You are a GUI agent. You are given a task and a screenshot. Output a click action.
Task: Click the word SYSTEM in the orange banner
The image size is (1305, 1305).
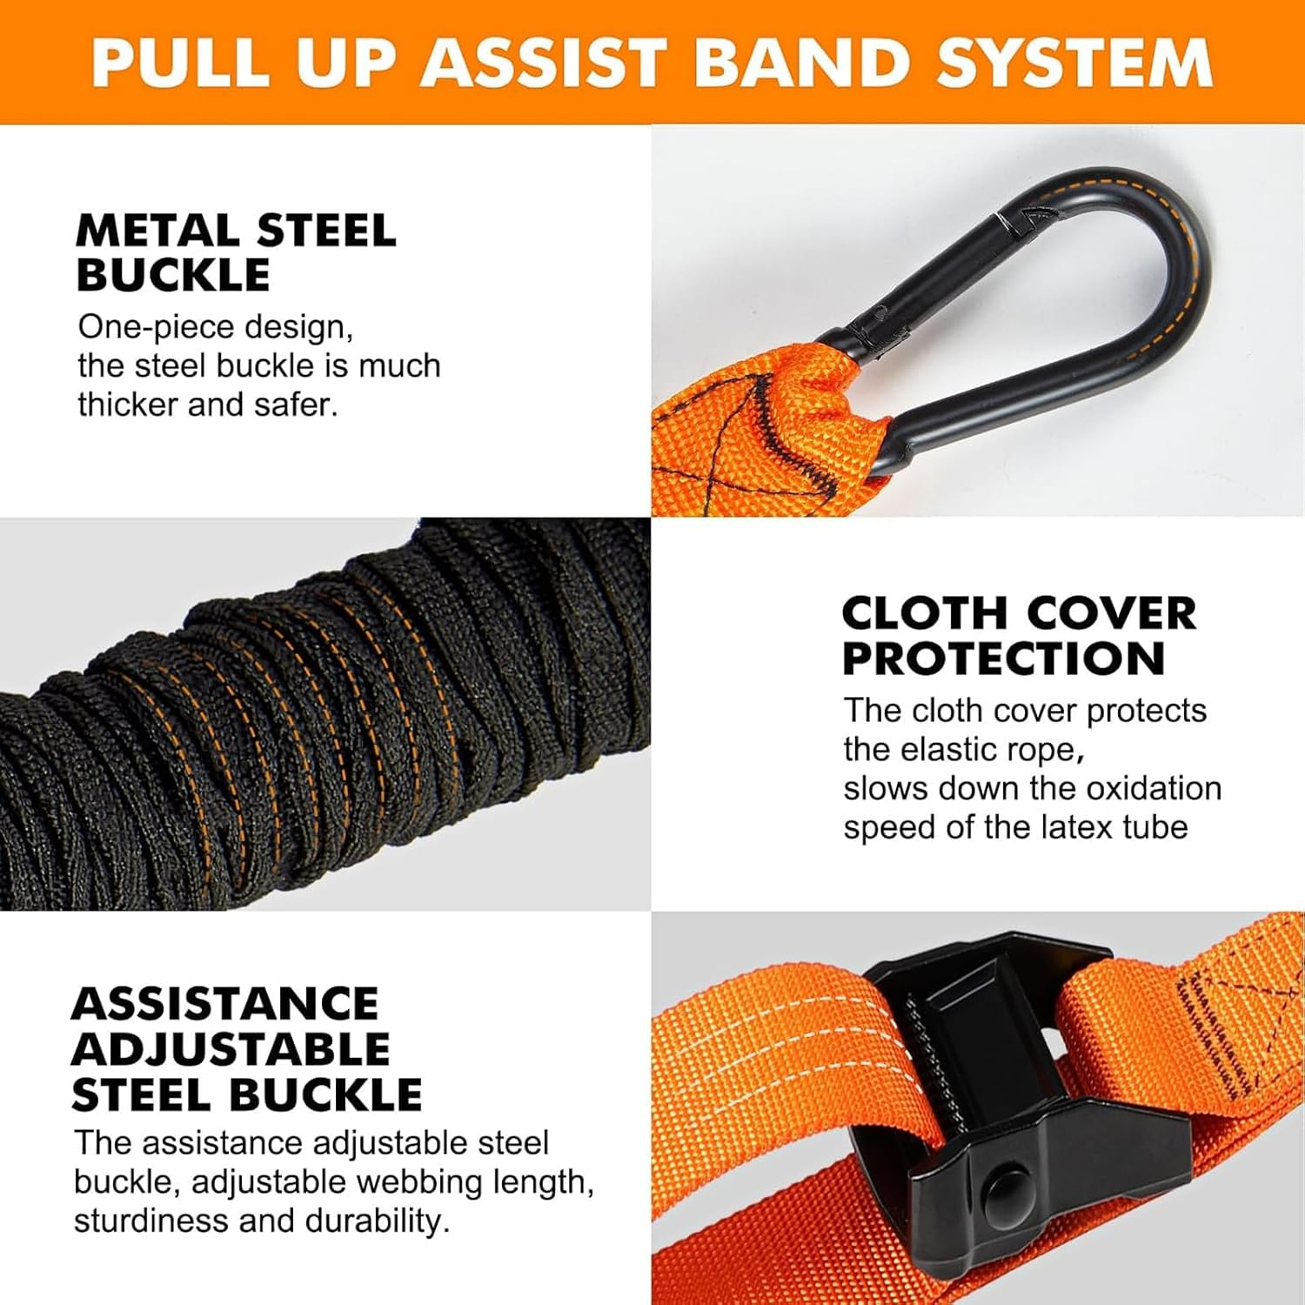(1074, 62)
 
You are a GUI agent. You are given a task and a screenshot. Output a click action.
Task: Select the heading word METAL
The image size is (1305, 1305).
(157, 231)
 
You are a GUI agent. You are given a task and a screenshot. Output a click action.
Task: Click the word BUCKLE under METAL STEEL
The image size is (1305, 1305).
(173, 275)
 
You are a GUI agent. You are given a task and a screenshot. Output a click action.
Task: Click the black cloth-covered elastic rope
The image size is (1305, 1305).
(322, 713)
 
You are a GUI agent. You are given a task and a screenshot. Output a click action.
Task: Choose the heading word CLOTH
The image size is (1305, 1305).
(923, 613)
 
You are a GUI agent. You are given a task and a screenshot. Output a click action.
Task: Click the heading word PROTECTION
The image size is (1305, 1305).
(1003, 658)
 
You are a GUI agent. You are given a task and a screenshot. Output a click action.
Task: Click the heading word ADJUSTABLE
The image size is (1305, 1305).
(231, 1048)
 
